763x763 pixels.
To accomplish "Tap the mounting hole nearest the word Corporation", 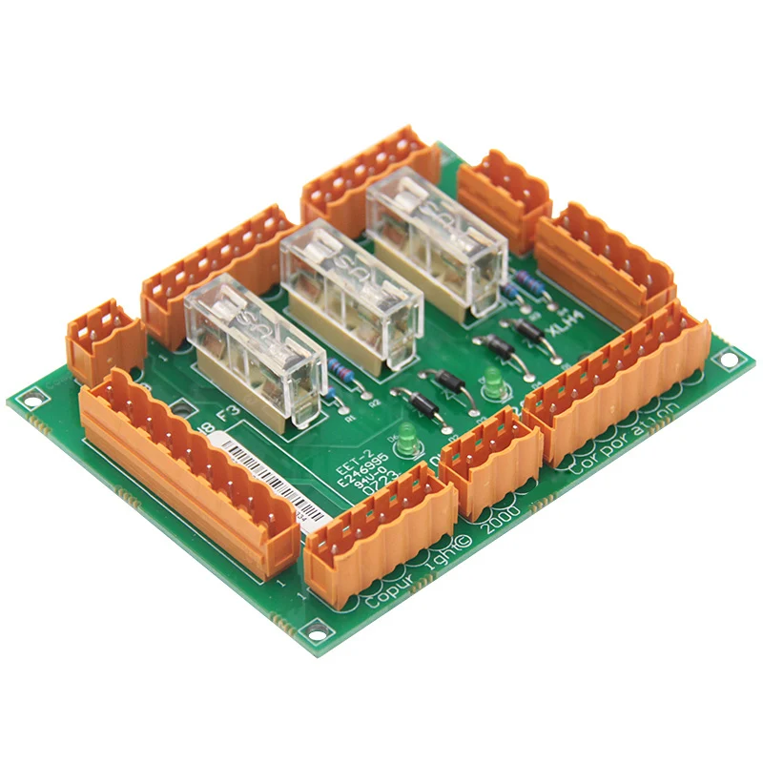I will (x=729, y=360).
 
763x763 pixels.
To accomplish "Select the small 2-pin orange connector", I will (x=100, y=338).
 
